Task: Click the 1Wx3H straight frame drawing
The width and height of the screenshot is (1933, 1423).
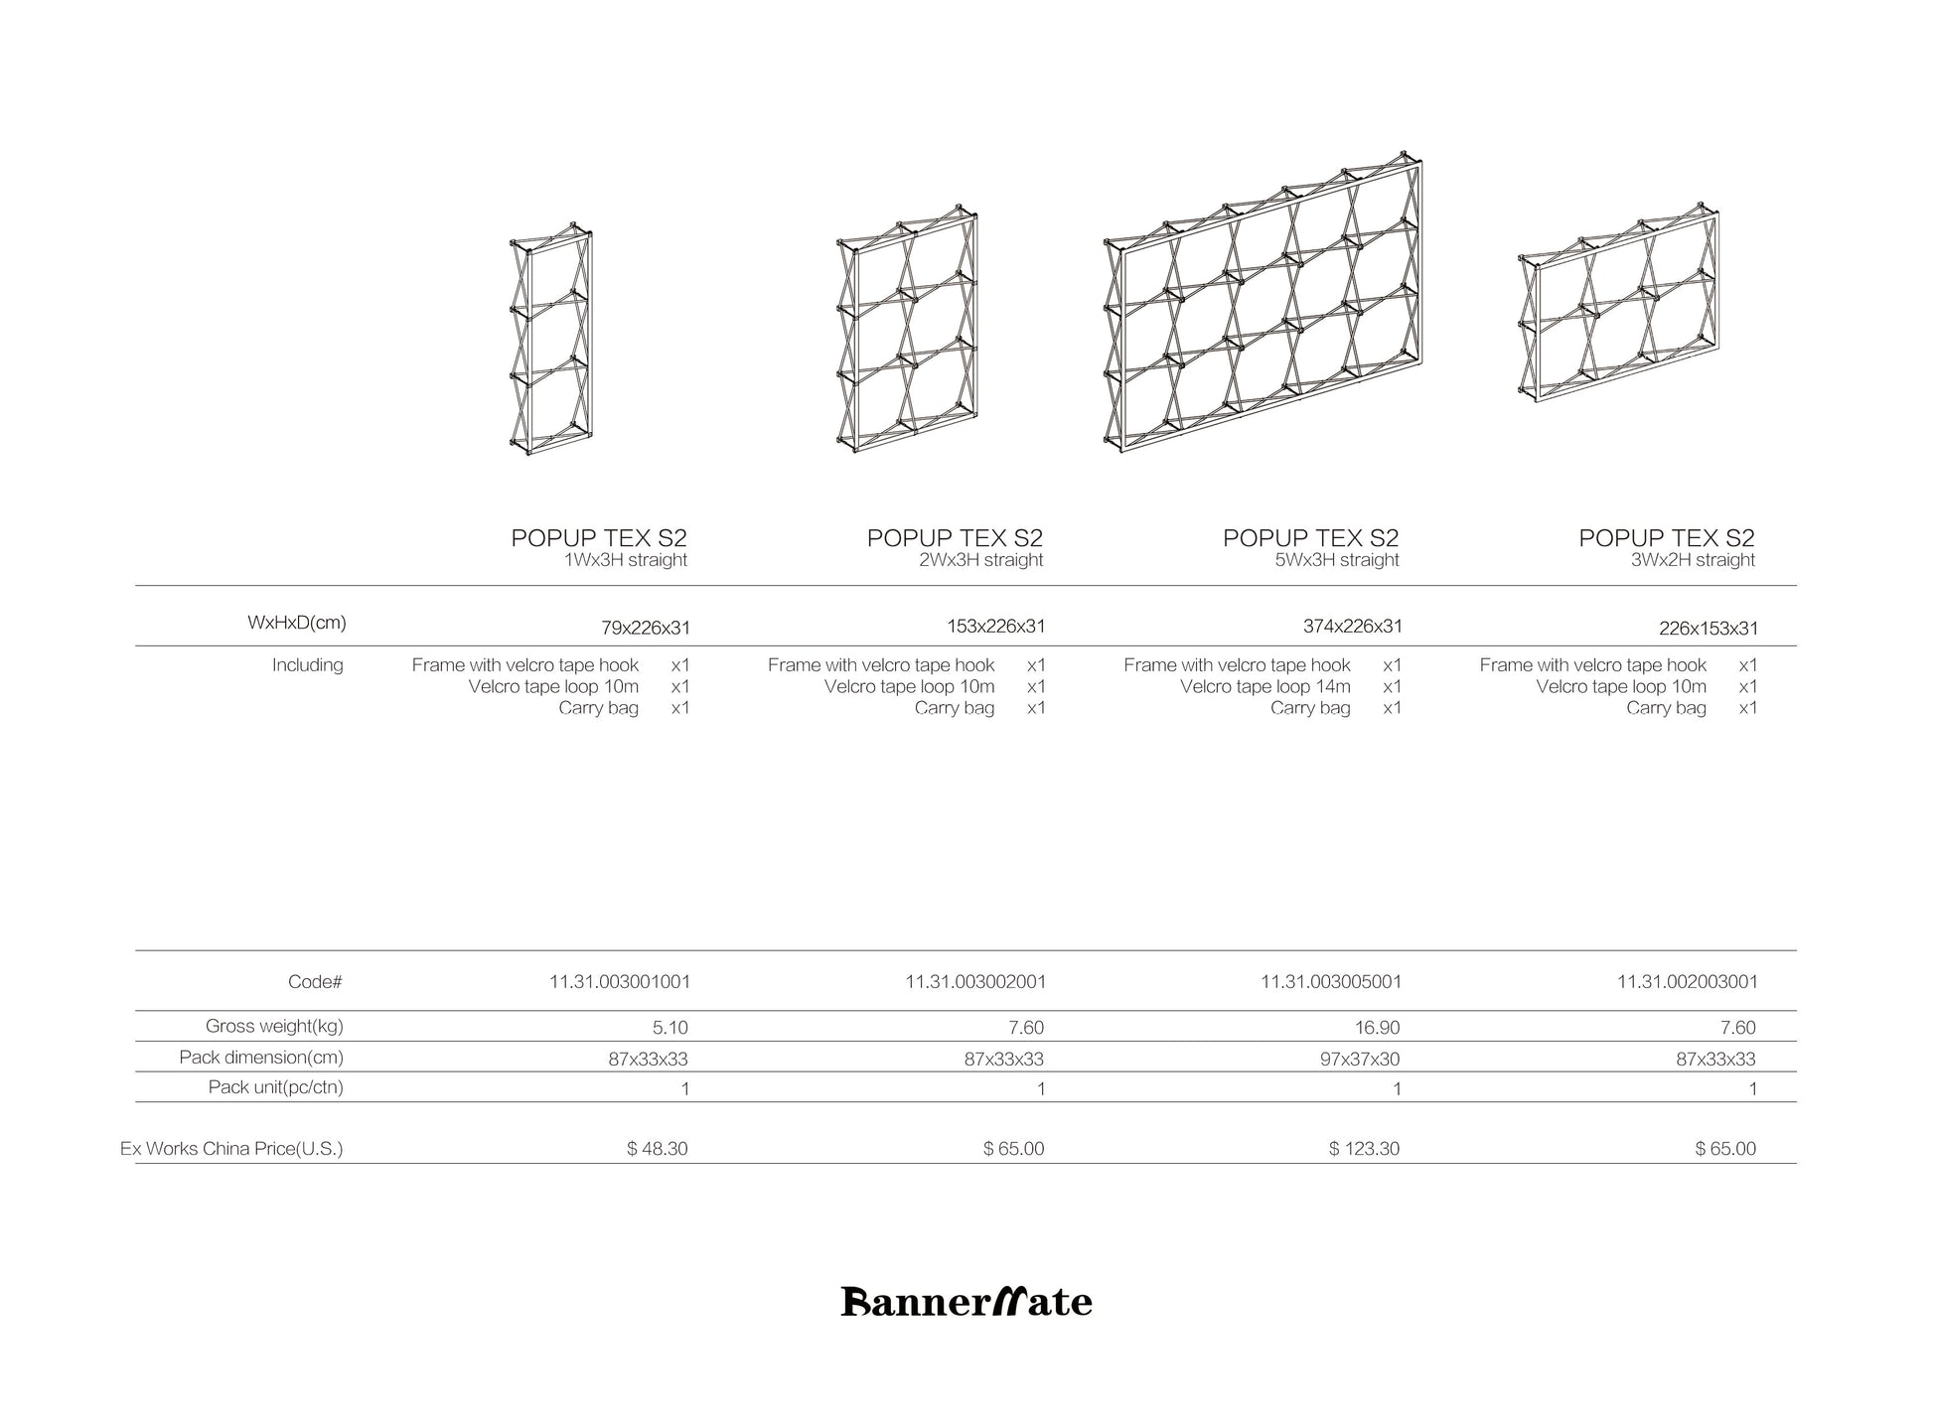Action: click(551, 340)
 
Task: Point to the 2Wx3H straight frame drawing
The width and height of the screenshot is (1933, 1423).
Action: click(908, 330)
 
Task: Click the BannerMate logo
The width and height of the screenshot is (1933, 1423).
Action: click(966, 1302)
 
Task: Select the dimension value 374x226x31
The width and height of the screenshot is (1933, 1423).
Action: click(1352, 627)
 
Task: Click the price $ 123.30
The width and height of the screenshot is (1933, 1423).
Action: click(1364, 1149)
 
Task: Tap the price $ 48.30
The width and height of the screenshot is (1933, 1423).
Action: click(657, 1149)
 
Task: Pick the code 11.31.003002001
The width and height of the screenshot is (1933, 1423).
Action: click(974, 982)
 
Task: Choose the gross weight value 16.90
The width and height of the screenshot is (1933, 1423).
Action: click(1377, 1028)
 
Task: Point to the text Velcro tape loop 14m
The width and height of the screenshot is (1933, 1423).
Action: click(1264, 687)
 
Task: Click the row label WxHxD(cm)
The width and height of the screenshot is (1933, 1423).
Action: click(296, 624)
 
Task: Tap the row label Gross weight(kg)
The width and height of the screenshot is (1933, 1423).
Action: click(274, 1027)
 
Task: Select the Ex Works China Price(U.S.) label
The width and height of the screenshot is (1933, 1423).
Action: click(231, 1149)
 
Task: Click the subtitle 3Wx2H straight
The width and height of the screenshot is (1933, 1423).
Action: click(1693, 560)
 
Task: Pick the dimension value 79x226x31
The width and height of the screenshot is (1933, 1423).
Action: click(645, 628)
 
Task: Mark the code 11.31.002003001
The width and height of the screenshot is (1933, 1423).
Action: click(1687, 982)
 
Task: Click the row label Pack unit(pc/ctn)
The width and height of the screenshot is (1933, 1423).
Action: click(275, 1087)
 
